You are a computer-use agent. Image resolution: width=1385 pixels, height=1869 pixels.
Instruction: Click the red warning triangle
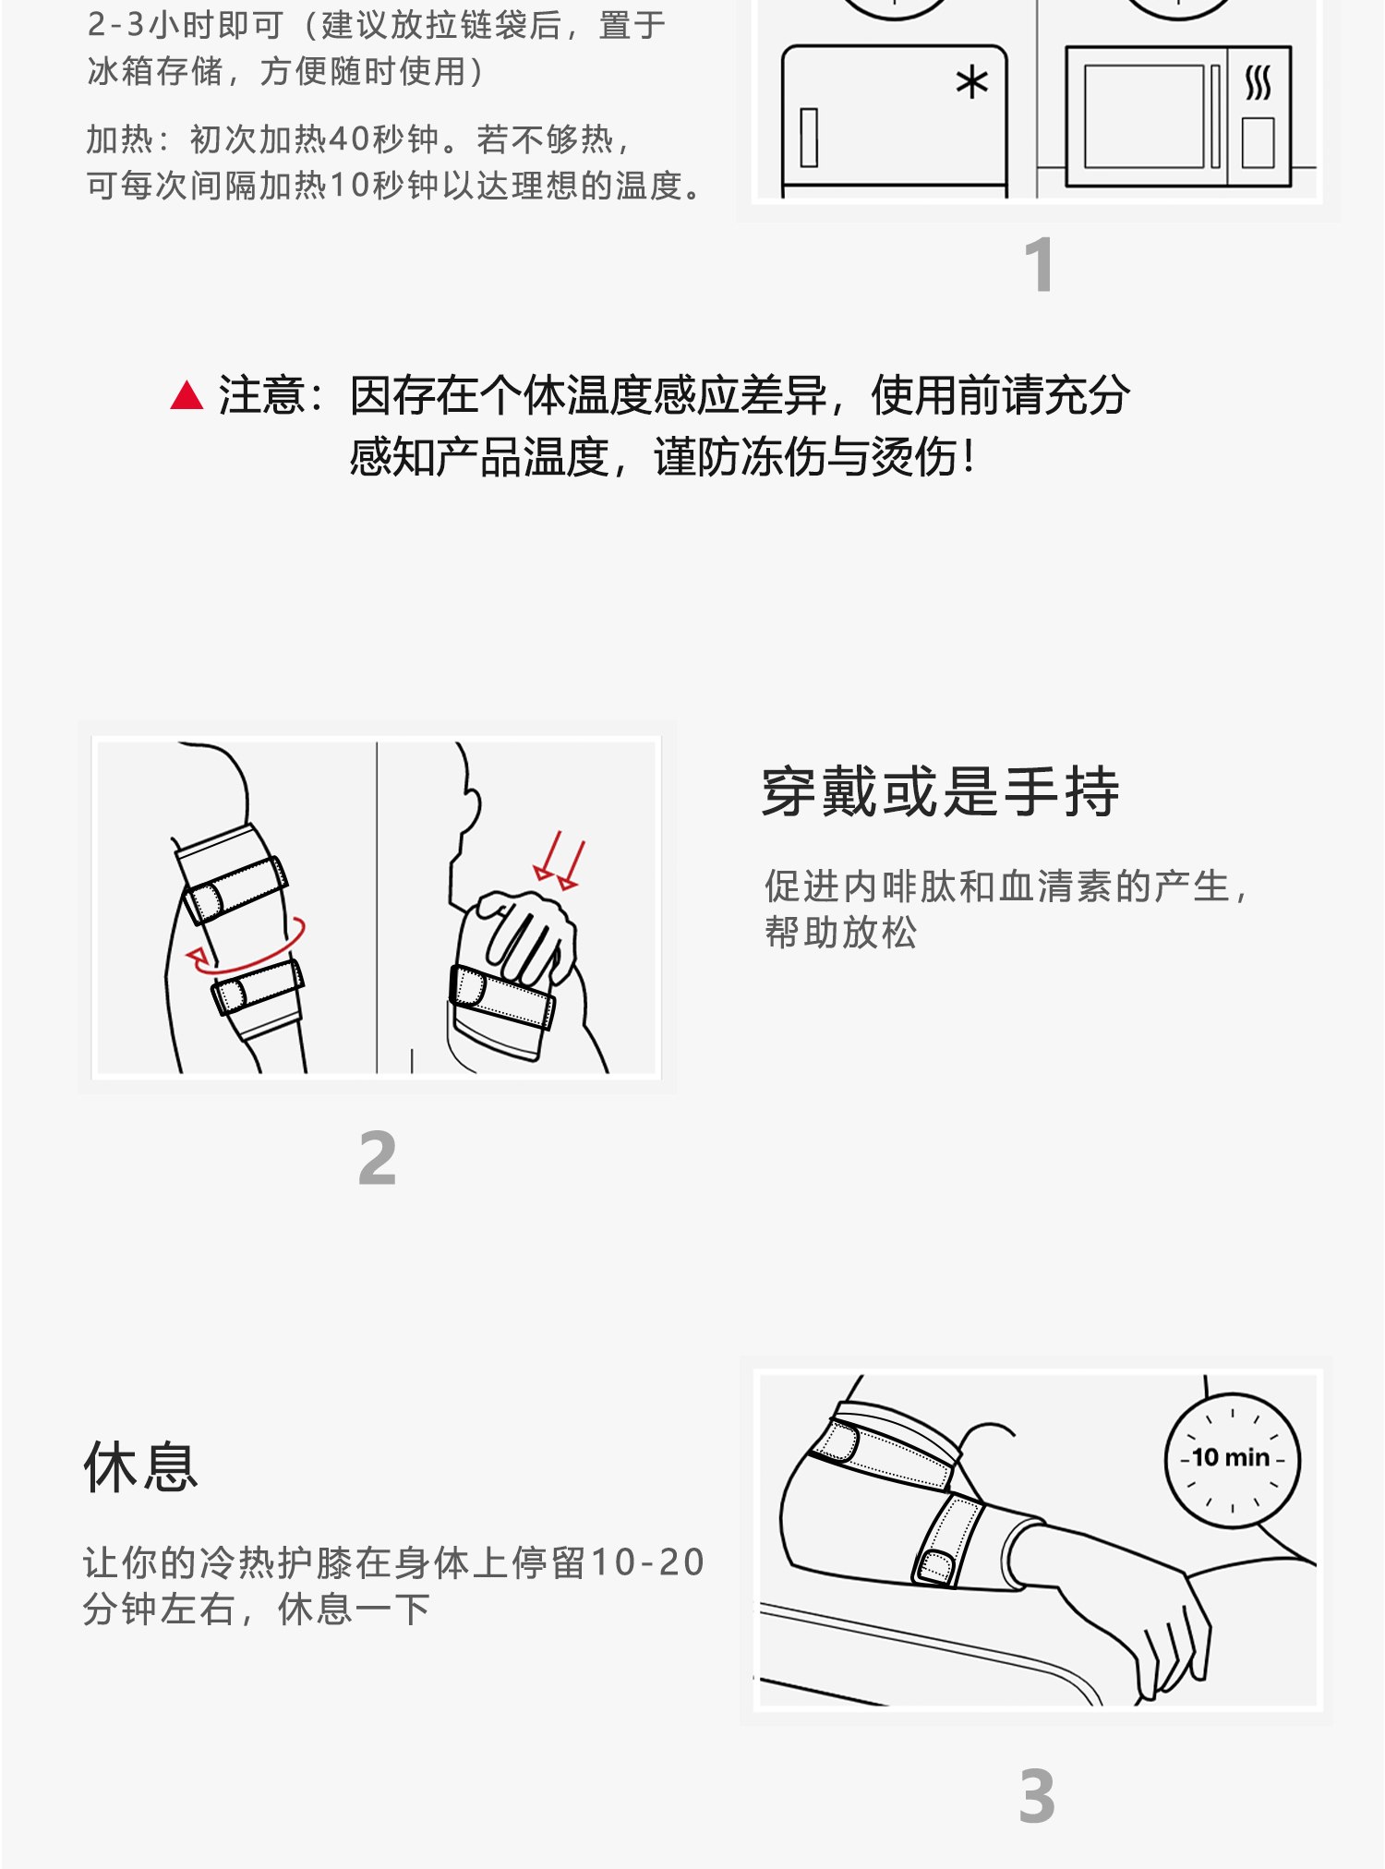[x=187, y=396]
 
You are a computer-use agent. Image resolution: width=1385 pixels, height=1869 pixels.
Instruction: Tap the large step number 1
[x=1040, y=265]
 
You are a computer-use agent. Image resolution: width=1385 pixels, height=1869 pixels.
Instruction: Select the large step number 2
[x=378, y=1158]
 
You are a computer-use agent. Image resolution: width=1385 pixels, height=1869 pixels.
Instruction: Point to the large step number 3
[x=1037, y=1796]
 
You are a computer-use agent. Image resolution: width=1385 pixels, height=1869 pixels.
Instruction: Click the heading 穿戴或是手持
[x=940, y=792]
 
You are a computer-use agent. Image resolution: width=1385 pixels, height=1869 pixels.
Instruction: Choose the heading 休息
[x=140, y=1467]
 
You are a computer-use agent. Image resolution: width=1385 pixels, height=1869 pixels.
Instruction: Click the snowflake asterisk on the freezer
[x=971, y=83]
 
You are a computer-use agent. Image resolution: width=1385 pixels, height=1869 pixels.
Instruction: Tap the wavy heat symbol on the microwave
[x=1258, y=83]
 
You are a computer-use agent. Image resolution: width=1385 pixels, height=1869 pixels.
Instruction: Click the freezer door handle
[x=809, y=138]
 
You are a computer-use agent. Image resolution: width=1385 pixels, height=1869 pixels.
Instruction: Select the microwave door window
[x=1145, y=116]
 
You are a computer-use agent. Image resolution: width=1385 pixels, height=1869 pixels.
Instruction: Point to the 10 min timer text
[x=1232, y=1458]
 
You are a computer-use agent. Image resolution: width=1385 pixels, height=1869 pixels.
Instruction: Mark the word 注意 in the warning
[x=260, y=396]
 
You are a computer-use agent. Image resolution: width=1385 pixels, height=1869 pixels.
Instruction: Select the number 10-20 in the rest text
[x=647, y=1562]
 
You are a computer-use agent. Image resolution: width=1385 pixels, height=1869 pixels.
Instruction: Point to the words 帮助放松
[x=840, y=933]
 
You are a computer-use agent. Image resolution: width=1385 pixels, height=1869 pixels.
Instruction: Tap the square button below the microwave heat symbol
[x=1258, y=142]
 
